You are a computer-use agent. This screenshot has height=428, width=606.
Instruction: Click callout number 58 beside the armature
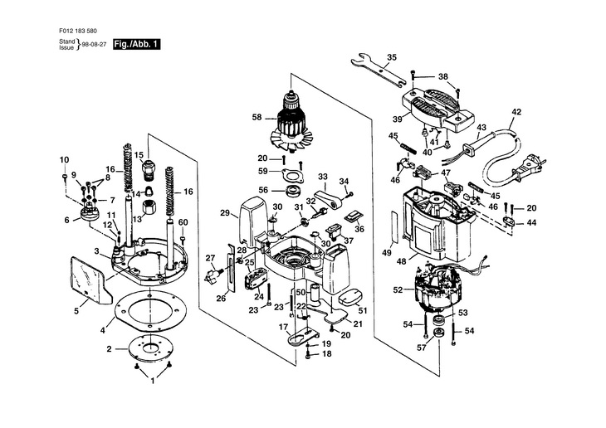pos(257,118)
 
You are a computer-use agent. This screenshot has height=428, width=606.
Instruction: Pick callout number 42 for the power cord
pos(516,111)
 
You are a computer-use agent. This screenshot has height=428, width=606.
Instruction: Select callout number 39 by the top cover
pos(398,119)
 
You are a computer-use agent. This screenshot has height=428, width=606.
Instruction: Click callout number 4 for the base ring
pos(103,330)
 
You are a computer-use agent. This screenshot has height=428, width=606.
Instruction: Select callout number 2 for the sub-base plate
pos(108,349)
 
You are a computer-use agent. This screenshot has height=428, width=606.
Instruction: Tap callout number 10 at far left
pos(63,159)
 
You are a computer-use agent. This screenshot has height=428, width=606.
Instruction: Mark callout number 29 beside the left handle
pos(224,213)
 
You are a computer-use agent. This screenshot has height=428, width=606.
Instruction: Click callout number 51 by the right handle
pos(362,311)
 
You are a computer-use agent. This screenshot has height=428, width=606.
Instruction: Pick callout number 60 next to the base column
pos(183,222)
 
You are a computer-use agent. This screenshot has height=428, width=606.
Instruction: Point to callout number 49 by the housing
pos(386,252)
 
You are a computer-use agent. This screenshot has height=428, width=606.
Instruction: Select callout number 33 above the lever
pos(322,177)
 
